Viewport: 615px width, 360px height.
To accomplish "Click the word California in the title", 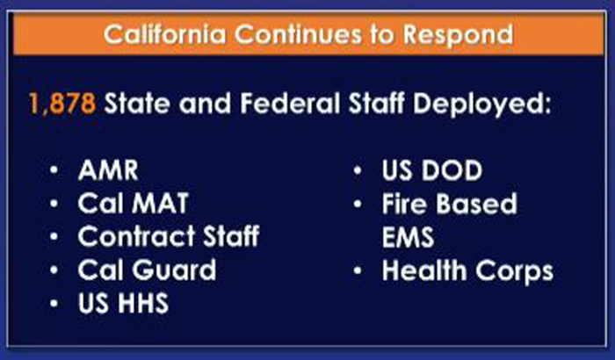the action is point(165,34).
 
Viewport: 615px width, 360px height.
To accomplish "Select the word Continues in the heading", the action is point(299,34).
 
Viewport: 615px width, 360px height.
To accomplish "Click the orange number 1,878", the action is point(62,104).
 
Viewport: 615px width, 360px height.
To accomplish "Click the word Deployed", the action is point(481,105).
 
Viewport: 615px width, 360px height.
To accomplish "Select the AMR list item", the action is point(108,170).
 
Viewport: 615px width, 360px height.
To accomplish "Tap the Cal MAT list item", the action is point(133,203).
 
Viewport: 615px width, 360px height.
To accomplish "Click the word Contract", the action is point(136,236).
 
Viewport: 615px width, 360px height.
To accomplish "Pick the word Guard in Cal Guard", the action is point(174,270).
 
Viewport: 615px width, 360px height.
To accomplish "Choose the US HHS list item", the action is point(123,303).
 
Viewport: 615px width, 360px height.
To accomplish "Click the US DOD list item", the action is point(432,170).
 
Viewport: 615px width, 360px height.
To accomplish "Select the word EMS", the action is point(408,237).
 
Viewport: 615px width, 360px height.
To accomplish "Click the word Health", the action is point(424,270).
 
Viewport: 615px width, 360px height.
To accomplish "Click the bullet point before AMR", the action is point(54,170).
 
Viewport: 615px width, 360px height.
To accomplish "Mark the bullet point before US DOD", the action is point(358,170).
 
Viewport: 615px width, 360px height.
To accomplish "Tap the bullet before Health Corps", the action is point(358,270).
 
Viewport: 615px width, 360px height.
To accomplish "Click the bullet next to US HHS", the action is point(54,304).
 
